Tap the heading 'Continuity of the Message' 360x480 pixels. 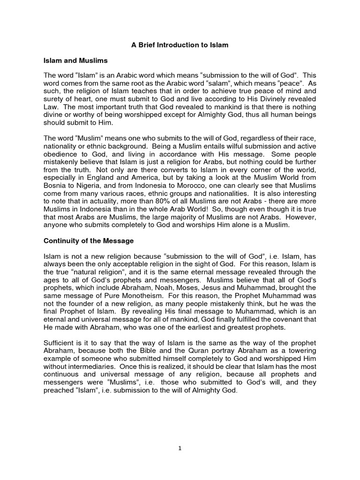click(89, 241)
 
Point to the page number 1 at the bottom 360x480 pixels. click(180, 448)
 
